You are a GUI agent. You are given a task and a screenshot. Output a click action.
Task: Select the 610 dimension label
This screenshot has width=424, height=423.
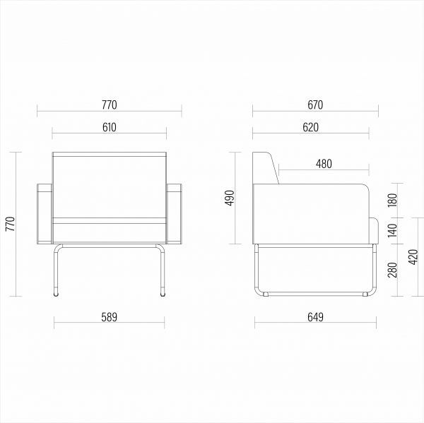pyautogui.click(x=110, y=127)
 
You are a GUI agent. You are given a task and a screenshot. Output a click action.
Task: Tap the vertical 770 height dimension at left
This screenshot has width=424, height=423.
pyautogui.click(x=11, y=224)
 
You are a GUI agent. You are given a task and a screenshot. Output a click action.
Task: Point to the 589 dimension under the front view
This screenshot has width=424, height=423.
pyautogui.click(x=110, y=317)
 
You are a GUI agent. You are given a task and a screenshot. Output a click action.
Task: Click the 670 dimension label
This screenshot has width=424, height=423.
pyautogui.click(x=315, y=105)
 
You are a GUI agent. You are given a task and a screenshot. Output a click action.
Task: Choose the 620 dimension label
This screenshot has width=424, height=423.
pyautogui.click(x=311, y=127)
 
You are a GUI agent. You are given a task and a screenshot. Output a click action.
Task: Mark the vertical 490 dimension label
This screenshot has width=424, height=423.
pyautogui.click(x=230, y=198)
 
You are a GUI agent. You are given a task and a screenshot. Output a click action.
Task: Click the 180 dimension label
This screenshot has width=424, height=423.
pyautogui.click(x=392, y=200)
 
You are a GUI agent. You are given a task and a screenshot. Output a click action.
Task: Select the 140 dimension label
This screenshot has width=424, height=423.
pyautogui.click(x=392, y=230)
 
